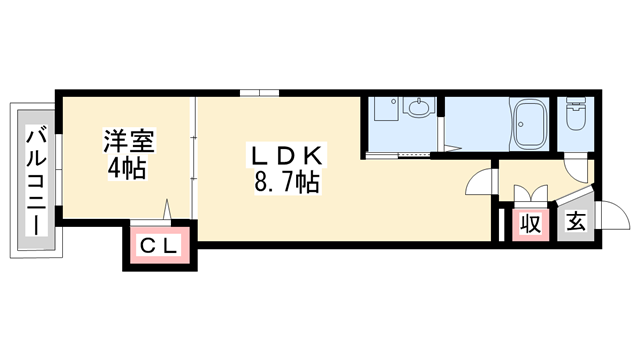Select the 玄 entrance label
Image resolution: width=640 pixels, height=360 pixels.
576,223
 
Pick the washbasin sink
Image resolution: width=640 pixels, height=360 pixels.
419,109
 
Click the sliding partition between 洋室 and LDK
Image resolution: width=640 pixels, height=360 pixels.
193,160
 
